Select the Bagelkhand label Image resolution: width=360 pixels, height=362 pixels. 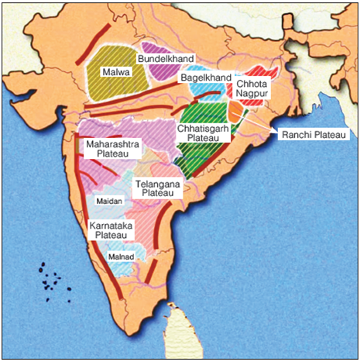point(206,78)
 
